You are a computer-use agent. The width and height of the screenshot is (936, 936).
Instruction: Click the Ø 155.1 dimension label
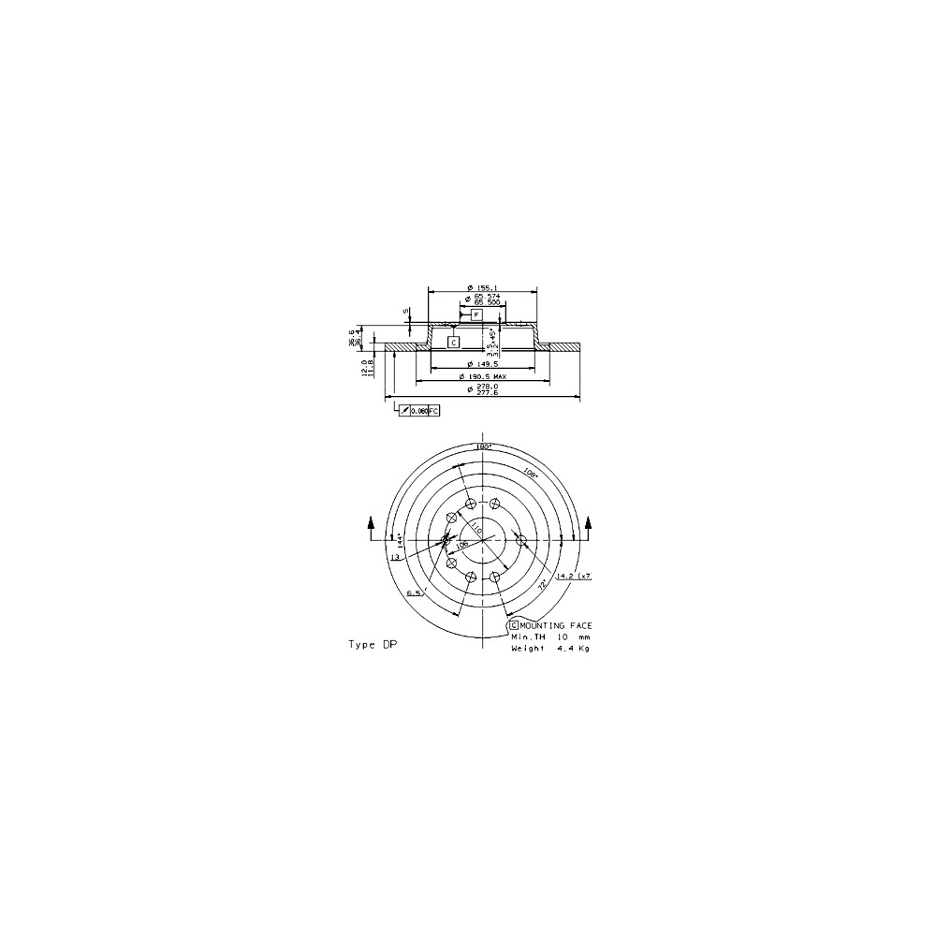click(483, 287)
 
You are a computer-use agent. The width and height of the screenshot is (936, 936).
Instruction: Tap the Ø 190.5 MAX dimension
click(483, 376)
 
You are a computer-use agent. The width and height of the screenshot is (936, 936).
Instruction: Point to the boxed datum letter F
click(476, 315)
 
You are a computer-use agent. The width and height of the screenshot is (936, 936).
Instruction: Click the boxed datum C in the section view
click(453, 343)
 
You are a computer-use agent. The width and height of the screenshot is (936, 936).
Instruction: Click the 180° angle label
click(484, 447)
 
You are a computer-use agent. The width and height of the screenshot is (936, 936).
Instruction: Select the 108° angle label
click(531, 474)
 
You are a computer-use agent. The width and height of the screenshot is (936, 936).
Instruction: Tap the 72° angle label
click(542, 584)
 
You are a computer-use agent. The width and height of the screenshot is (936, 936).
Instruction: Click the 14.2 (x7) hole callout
click(573, 577)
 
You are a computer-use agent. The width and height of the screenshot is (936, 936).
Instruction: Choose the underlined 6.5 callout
click(415, 593)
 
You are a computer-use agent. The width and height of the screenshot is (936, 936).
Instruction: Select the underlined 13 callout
click(395, 557)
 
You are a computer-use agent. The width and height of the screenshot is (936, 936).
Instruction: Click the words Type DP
click(372, 645)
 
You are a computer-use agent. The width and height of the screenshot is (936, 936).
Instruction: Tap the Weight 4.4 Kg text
click(550, 648)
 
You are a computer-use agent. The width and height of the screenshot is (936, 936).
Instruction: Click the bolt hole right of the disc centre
click(523, 541)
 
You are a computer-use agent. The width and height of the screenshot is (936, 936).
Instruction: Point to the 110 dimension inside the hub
click(476, 530)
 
